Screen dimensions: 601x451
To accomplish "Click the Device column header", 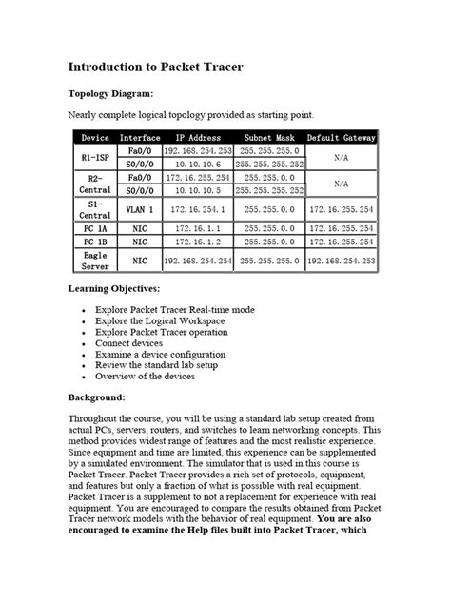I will click(x=95, y=138).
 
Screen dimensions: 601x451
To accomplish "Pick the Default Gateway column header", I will click(x=341, y=138).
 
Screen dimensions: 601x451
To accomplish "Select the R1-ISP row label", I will click(x=95, y=157).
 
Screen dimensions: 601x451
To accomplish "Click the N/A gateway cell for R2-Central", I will click(x=341, y=184).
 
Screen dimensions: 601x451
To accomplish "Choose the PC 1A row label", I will click(x=95, y=229).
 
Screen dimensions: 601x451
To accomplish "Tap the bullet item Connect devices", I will click(x=130, y=343).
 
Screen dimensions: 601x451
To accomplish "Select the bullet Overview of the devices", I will click(x=147, y=377).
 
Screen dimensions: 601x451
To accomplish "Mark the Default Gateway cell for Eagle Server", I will click(x=341, y=260).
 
